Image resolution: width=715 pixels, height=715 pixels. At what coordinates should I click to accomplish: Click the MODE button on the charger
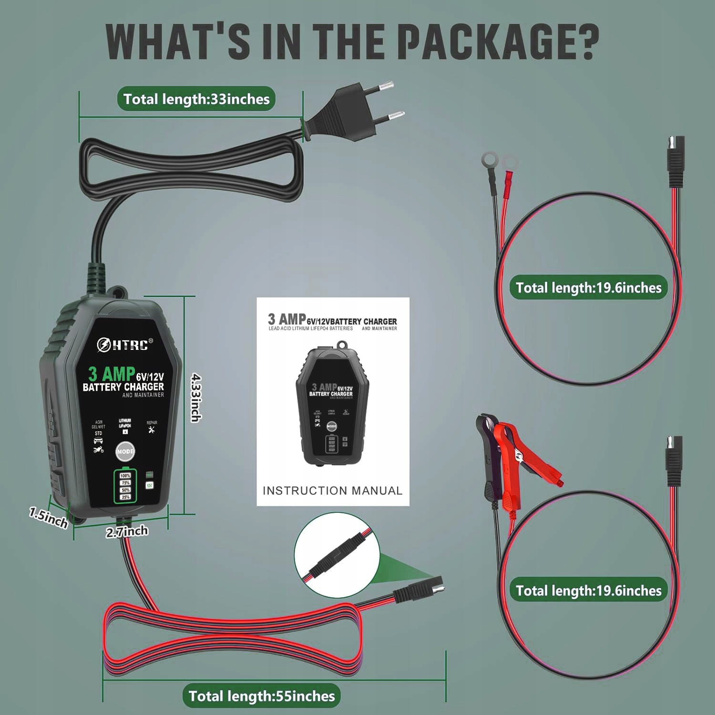125,451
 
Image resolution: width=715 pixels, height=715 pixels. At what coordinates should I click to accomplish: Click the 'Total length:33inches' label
196,99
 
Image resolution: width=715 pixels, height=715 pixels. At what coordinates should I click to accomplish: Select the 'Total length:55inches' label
262,696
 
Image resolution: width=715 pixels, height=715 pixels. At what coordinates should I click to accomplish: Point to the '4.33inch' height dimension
196,398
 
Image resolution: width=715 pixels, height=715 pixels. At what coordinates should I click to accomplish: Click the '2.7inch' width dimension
127,531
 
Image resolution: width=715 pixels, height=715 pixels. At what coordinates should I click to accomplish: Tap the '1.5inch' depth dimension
49,518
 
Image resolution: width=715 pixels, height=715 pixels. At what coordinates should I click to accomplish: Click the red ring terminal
509,164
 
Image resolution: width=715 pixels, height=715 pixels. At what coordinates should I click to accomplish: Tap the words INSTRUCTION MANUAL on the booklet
333,490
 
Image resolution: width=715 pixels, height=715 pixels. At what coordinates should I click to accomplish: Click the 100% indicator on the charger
125,476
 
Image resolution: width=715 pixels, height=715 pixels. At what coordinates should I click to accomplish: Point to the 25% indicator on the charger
125,497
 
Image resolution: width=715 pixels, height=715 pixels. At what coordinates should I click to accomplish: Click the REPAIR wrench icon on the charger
152,430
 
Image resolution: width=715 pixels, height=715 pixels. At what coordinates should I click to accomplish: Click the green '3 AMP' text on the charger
111,374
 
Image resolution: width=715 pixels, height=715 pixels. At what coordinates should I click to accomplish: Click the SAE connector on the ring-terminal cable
675,162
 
